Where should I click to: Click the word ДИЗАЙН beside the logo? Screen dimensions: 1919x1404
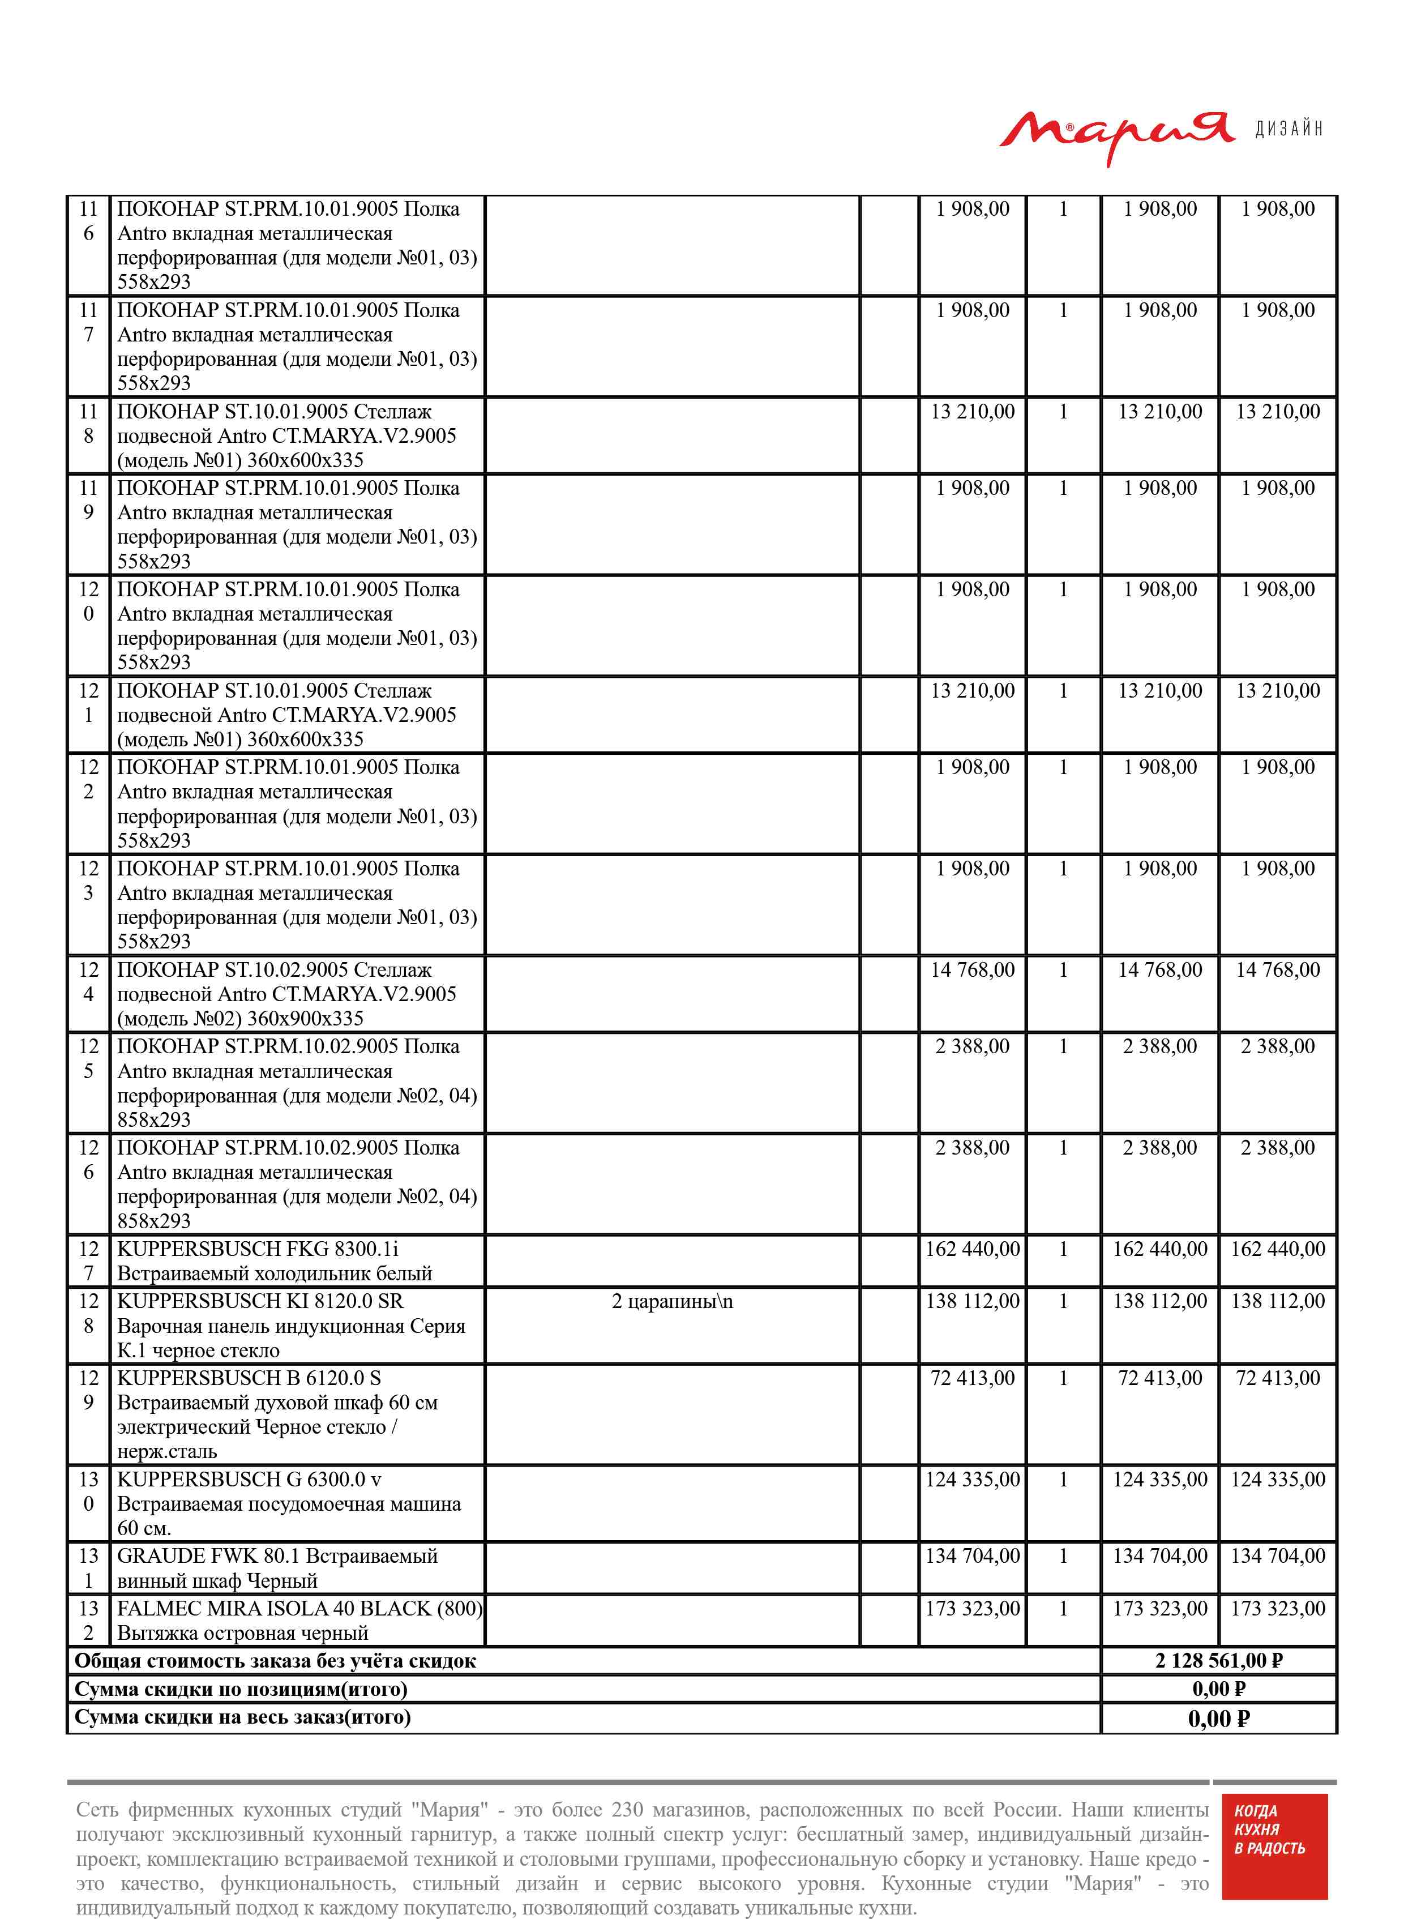pyautogui.click(x=1289, y=129)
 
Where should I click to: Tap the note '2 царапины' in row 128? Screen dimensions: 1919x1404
pyautogui.click(x=671, y=1301)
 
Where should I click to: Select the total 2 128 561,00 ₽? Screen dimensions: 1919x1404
pyautogui.click(x=1218, y=1660)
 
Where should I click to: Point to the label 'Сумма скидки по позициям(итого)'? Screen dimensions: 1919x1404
pyautogui.click(x=241, y=1688)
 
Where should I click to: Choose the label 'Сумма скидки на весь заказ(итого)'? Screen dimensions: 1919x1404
pyautogui.click(x=242, y=1717)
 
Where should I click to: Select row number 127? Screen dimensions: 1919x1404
pyautogui.click(x=88, y=1260)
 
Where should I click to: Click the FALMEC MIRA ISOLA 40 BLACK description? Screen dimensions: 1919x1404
pyautogui.click(x=299, y=1620)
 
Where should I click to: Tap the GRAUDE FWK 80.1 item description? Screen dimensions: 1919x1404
pyautogui.click(x=277, y=1568)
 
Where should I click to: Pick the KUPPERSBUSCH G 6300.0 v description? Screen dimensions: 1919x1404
pyautogui.click(x=289, y=1503)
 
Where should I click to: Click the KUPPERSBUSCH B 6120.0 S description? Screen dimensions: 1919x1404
pyautogui.click(x=277, y=1414)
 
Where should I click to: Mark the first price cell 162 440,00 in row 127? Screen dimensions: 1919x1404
pyautogui.click(x=972, y=1249)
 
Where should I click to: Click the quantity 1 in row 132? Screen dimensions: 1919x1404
pyautogui.click(x=1063, y=1608)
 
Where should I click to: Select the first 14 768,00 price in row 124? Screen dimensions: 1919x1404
pyautogui.click(x=972, y=970)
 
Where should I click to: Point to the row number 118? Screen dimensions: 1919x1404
pyautogui.click(x=88, y=423)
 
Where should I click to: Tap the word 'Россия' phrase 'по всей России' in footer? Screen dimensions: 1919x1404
pyautogui.click(x=1023, y=1809)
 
